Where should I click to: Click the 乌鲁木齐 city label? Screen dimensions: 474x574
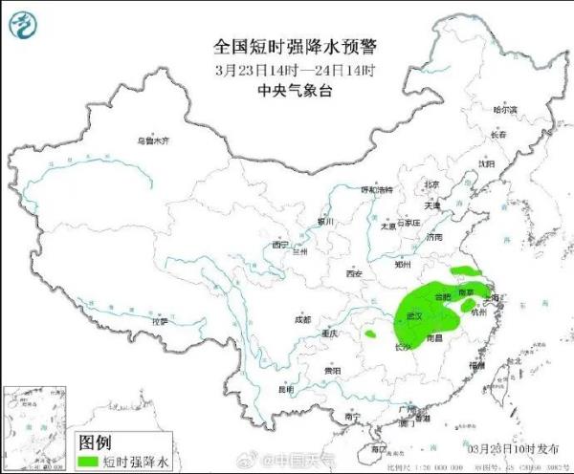pos(152,140)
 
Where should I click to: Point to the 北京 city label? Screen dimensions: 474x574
pos(431,184)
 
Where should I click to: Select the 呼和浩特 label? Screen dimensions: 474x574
pos(376,190)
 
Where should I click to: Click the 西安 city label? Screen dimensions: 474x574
pos(354,274)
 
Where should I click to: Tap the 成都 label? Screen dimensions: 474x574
pos(302,319)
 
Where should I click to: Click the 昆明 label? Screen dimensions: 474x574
pos(285,389)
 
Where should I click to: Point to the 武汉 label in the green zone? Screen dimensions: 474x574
pos(416,314)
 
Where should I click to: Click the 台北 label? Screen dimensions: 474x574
pos(515,361)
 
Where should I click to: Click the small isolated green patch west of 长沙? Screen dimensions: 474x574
pos(367,334)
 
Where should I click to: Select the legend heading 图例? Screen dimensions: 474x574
pos(95,442)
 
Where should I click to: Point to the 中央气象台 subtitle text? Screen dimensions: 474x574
pos(288,91)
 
